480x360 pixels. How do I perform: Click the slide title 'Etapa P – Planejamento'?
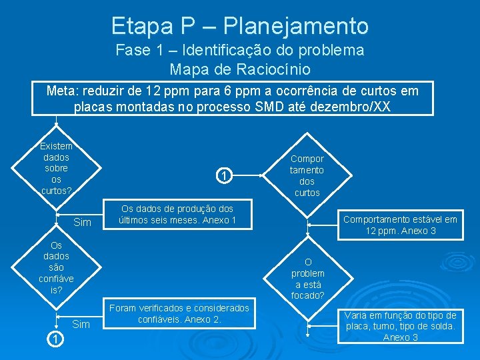[239, 26]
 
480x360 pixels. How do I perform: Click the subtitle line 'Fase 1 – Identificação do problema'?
[239, 50]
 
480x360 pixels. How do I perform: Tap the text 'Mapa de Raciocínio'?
[239, 69]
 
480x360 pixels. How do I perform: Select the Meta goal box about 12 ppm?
[233, 98]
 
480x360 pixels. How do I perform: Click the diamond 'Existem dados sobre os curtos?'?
[56, 168]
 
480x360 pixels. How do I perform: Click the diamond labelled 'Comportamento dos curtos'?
[307, 175]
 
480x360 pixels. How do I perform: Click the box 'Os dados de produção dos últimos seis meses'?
[176, 215]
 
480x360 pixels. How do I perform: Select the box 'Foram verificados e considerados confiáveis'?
[179, 313]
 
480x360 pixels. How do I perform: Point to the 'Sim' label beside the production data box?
[82, 222]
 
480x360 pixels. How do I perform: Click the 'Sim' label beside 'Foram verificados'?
[81, 324]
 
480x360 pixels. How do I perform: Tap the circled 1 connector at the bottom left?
[56, 340]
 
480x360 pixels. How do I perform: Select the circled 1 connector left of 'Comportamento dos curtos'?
[225, 176]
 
